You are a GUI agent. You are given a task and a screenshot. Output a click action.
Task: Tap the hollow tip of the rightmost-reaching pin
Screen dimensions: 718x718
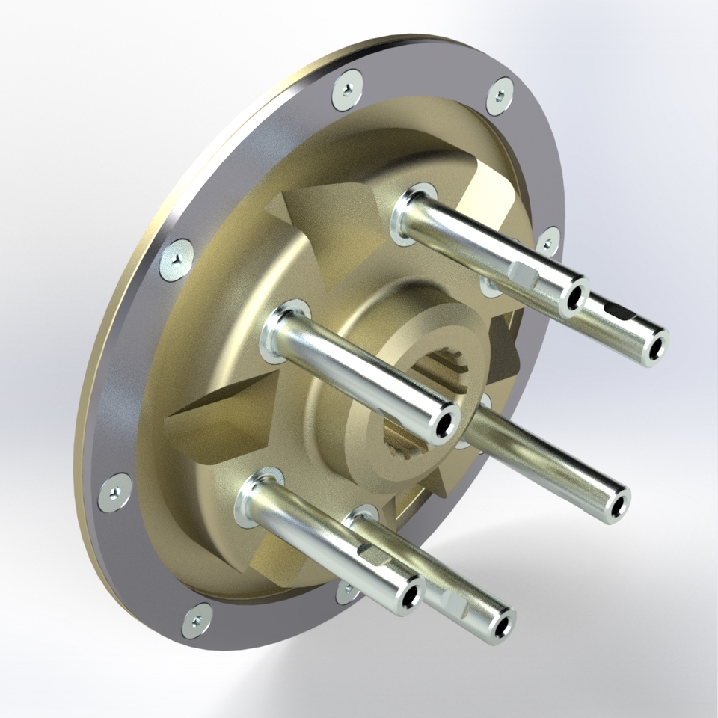[x=656, y=349]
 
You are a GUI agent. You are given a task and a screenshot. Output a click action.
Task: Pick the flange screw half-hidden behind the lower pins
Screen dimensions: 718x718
[x=346, y=592]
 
